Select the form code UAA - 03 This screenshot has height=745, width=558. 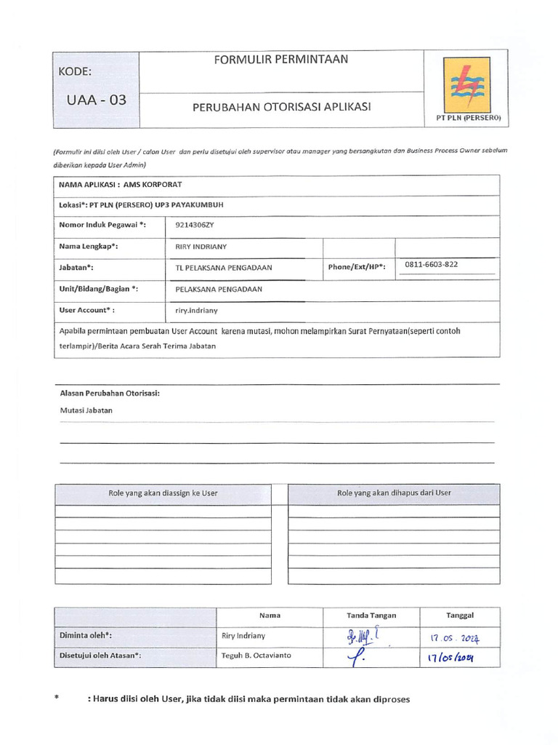coord(96,100)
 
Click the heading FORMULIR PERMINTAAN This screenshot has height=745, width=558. coord(280,60)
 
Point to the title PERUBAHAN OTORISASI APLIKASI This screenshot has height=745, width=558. coord(281,107)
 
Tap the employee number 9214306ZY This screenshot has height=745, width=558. coord(195,226)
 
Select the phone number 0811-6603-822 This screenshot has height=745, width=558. coord(432,264)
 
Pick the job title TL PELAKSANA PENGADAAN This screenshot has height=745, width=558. coord(224,268)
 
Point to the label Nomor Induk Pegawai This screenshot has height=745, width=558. coord(102,226)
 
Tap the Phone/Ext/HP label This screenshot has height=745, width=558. coord(357,267)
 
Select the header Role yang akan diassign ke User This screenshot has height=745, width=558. coord(163,493)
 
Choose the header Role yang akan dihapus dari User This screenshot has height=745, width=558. coord(394,493)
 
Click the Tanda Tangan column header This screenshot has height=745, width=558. coord(371,615)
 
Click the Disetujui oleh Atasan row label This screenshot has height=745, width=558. coord(100,656)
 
